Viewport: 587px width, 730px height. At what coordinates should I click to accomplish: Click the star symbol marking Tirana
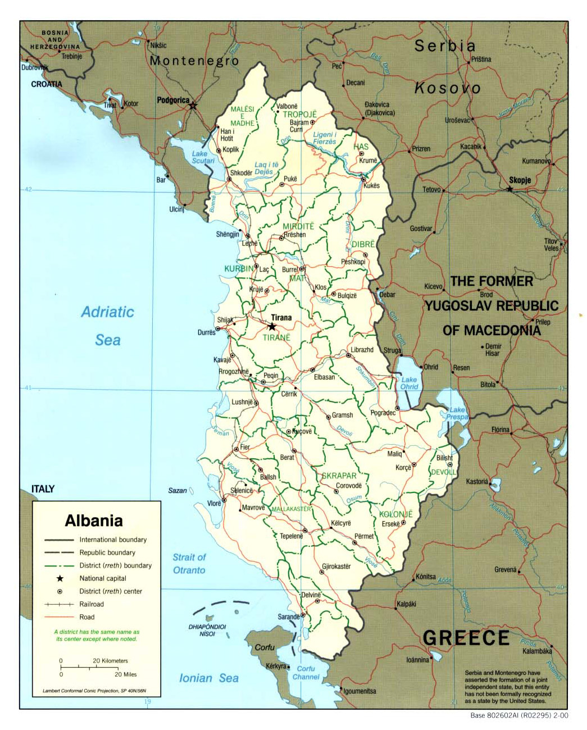point(272,327)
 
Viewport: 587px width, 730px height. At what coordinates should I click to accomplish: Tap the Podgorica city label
point(173,101)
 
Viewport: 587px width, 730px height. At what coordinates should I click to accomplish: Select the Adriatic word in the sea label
point(107,312)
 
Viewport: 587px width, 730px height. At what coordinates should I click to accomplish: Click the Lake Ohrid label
point(409,383)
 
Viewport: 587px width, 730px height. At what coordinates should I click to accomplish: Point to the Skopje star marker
point(509,189)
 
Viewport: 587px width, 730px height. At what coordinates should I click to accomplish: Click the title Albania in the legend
point(94,521)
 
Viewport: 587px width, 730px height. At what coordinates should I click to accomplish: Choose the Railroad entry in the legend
point(92,604)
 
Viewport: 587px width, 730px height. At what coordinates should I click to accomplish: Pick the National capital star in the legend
point(60,578)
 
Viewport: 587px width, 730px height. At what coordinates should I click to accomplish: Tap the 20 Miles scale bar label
point(125,674)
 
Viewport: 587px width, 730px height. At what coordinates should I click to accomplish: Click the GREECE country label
point(466,638)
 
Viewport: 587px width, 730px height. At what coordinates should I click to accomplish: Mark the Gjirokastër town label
point(336,566)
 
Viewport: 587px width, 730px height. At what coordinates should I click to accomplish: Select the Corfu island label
point(265,647)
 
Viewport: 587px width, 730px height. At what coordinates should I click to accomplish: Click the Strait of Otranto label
point(189,564)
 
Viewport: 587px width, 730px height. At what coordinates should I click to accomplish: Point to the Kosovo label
point(448,88)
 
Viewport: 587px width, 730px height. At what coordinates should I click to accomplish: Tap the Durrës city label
point(206,332)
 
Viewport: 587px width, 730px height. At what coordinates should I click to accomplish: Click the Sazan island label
point(178,490)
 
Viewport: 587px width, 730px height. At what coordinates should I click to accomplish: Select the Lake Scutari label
point(203,157)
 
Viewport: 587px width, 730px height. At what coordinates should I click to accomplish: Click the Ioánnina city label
point(417,660)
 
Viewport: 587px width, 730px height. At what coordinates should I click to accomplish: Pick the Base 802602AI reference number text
point(519,715)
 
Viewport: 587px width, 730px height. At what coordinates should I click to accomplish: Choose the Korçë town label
point(403,468)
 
